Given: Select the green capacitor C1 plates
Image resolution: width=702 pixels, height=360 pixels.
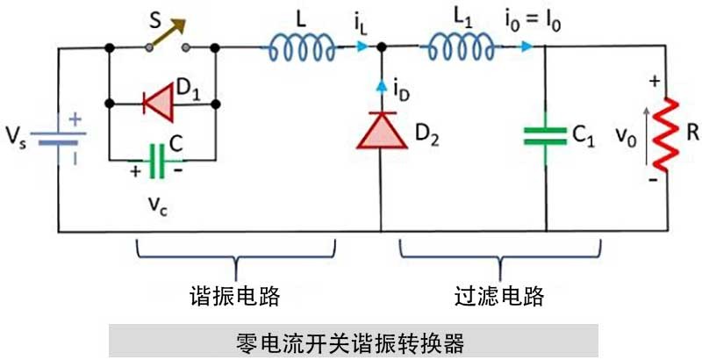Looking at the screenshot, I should [546, 135].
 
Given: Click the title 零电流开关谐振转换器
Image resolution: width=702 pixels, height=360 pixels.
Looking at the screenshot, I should [351, 341].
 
